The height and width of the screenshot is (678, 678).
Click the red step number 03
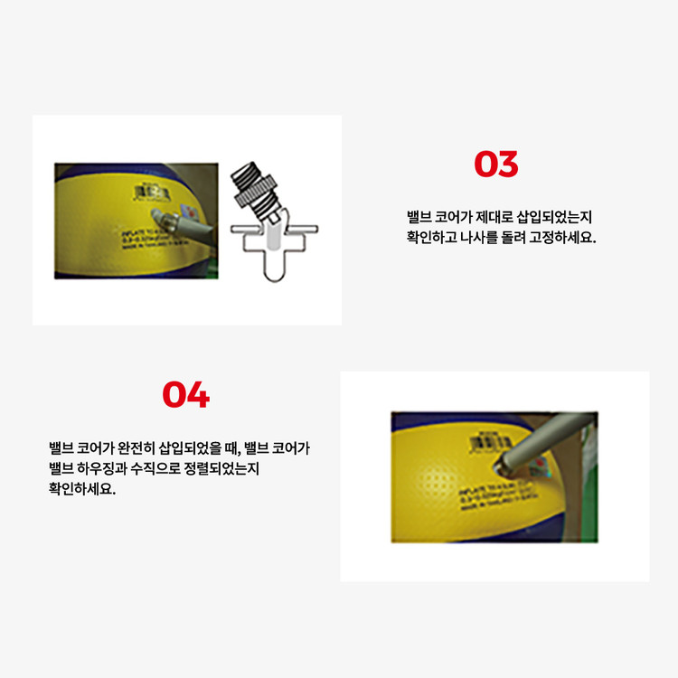pyautogui.click(x=496, y=165)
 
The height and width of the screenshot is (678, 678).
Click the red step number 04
pyautogui.click(x=185, y=395)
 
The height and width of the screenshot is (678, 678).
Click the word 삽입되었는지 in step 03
pyautogui.click(x=551, y=217)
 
